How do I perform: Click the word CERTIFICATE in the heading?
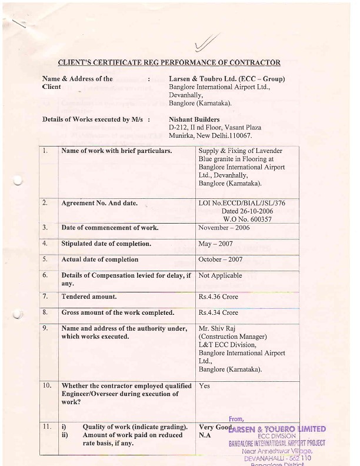pos(124,62)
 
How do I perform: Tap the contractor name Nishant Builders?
pos(195,119)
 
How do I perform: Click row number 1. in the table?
pos(46,151)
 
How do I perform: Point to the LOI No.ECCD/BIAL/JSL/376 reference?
pos(242,203)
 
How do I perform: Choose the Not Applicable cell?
pos(220,275)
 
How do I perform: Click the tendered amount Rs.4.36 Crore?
pos(218,297)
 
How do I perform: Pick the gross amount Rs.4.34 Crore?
pos(218,312)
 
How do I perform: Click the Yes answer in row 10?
pos(205,386)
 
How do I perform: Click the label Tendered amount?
pos(89,297)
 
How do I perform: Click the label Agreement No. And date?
pos(99,203)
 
